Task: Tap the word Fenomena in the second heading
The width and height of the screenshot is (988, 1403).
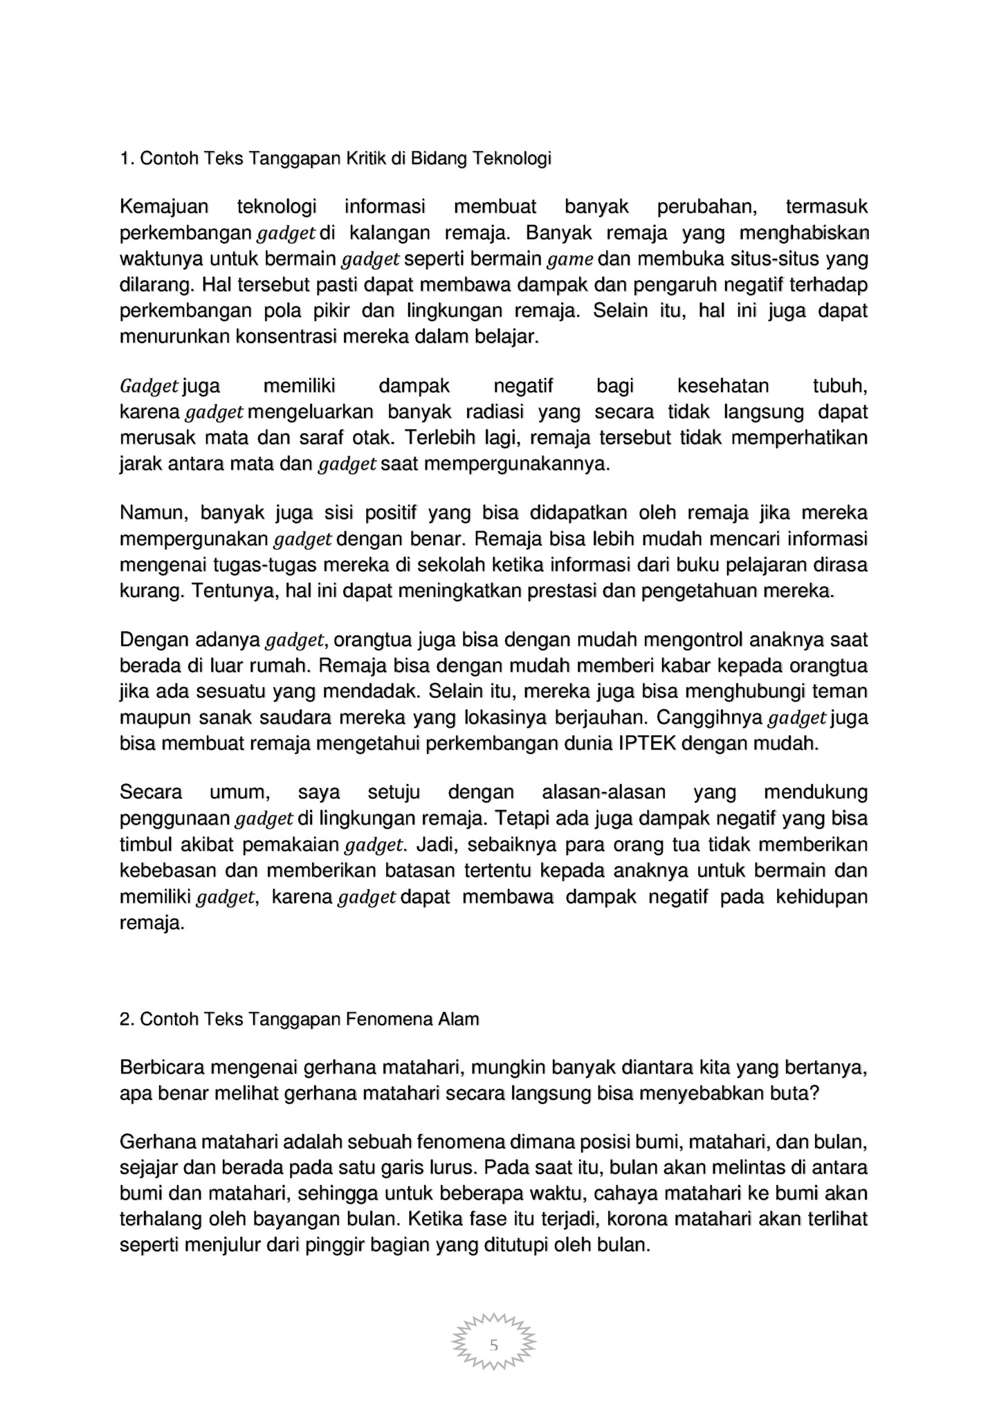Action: pos(389,1019)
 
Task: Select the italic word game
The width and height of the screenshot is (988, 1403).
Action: pos(571,260)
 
